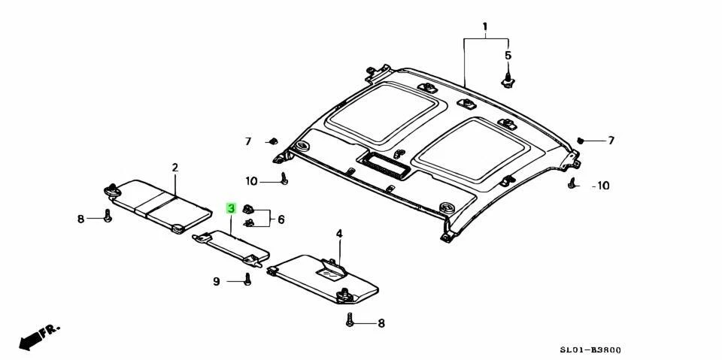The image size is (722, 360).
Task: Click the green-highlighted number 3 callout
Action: click(x=232, y=208)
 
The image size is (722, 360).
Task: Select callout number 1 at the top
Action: click(x=485, y=27)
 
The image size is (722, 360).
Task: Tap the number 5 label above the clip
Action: click(x=508, y=56)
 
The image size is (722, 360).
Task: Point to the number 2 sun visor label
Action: click(x=174, y=167)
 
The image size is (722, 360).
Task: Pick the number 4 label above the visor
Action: click(x=339, y=234)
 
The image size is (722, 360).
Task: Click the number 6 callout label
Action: click(x=281, y=219)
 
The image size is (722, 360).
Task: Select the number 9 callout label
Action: click(x=216, y=282)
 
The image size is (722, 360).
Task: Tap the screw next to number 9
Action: click(x=247, y=280)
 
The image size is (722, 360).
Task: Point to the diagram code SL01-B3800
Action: click(x=590, y=350)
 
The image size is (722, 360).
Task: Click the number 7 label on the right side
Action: click(x=611, y=141)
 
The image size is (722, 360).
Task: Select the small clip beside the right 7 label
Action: click(x=581, y=140)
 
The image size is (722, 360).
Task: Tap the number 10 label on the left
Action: click(x=251, y=181)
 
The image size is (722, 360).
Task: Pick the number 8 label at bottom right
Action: click(x=381, y=323)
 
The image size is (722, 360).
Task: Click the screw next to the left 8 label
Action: click(x=108, y=216)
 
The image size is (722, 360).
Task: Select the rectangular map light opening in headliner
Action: click(x=385, y=164)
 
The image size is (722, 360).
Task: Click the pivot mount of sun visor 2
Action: click(x=114, y=191)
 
